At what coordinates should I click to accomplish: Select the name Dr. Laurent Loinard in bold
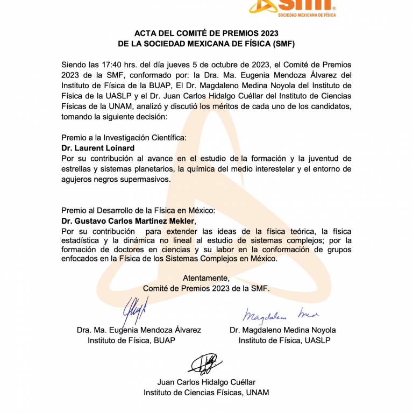98,148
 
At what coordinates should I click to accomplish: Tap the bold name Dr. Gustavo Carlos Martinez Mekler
129,221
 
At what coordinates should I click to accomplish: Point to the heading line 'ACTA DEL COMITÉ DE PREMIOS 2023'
206,33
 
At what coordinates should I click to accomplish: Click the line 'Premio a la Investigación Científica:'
124,138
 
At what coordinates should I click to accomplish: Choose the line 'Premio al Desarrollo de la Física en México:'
138,211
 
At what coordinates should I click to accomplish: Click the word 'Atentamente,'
206,278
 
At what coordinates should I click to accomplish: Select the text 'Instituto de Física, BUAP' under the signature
131,340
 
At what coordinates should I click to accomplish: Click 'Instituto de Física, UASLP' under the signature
284,340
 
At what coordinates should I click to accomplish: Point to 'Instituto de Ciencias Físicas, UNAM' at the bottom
206,393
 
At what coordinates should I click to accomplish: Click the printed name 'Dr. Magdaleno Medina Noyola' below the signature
283,330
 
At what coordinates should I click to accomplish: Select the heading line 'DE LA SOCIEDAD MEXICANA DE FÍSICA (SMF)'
206,44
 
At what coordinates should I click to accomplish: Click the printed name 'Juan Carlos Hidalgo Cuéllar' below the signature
206,382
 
